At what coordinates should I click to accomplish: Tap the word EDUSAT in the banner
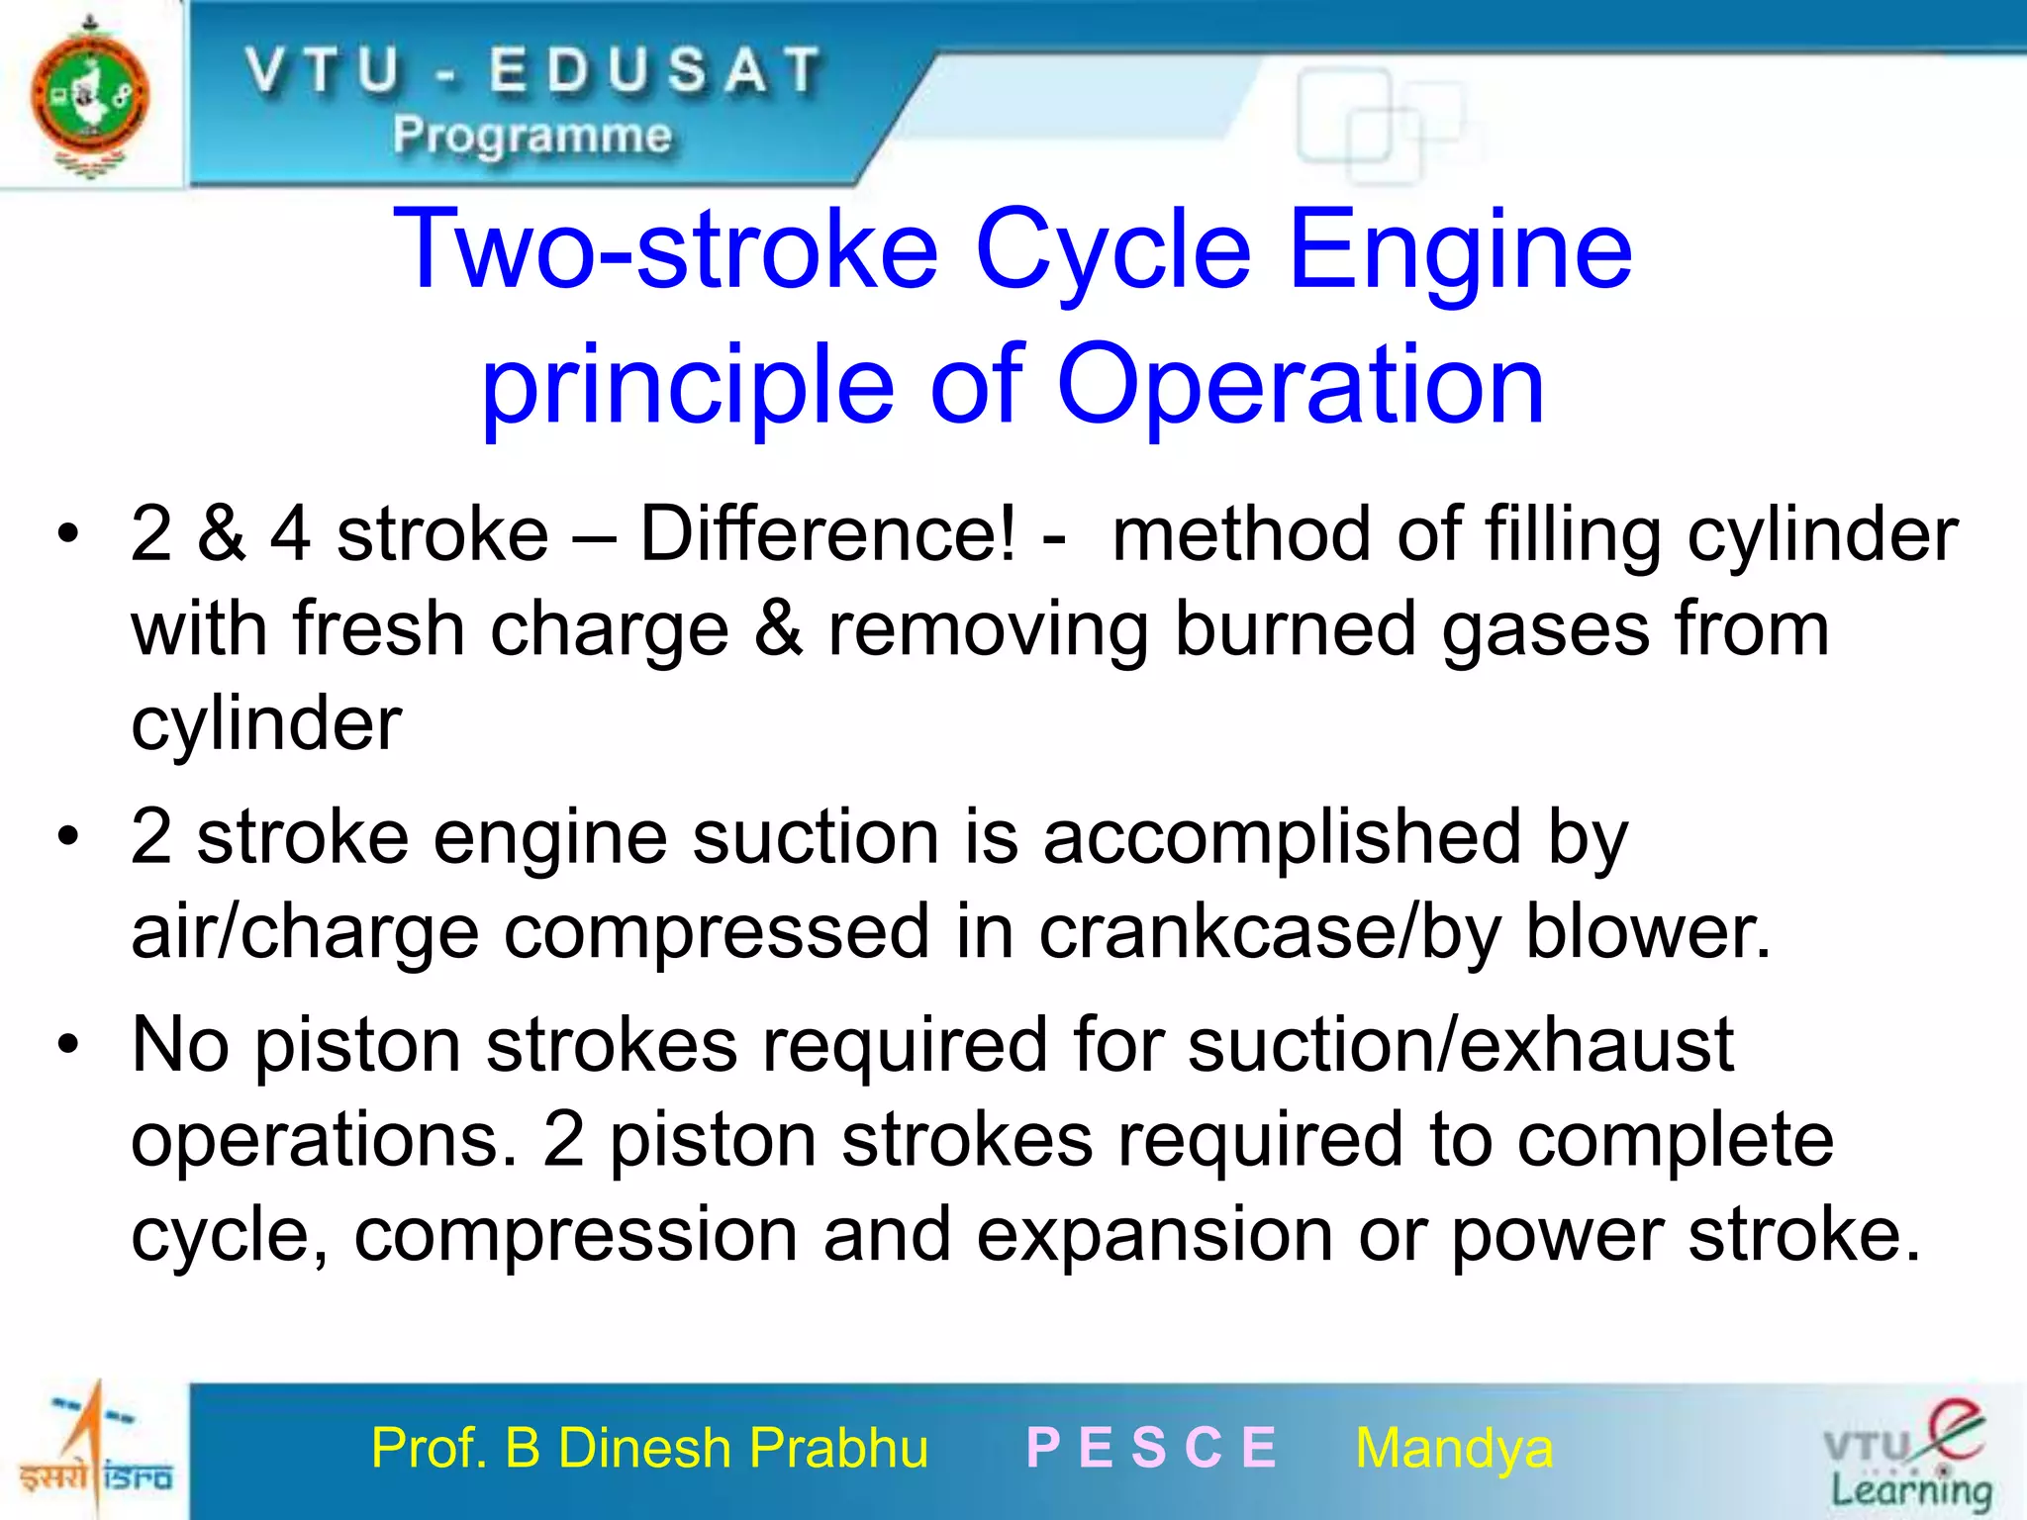655,71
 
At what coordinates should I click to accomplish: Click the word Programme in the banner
532,135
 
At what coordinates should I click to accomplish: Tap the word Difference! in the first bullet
827,534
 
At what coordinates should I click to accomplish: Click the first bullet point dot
67,534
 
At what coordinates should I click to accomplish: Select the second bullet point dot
67,837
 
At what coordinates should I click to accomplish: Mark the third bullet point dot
67,1045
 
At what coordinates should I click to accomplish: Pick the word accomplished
1282,837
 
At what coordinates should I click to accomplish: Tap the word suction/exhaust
1460,1045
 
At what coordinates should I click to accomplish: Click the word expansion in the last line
1154,1235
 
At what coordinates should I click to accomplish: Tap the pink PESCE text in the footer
1152,1449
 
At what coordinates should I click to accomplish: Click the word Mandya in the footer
1454,1449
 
